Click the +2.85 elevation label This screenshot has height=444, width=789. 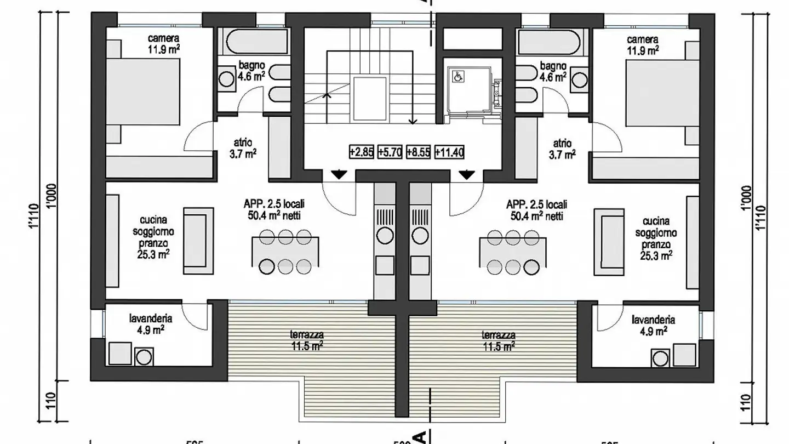pyautogui.click(x=362, y=152)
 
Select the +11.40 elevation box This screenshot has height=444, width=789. pyautogui.click(x=449, y=152)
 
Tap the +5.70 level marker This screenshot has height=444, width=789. pyautogui.click(x=390, y=152)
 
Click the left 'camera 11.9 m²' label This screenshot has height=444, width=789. pyautogui.click(x=164, y=44)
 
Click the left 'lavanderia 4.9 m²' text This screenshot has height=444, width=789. pyautogui.click(x=151, y=324)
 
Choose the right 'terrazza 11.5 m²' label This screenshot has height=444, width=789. pyautogui.click(x=498, y=340)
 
